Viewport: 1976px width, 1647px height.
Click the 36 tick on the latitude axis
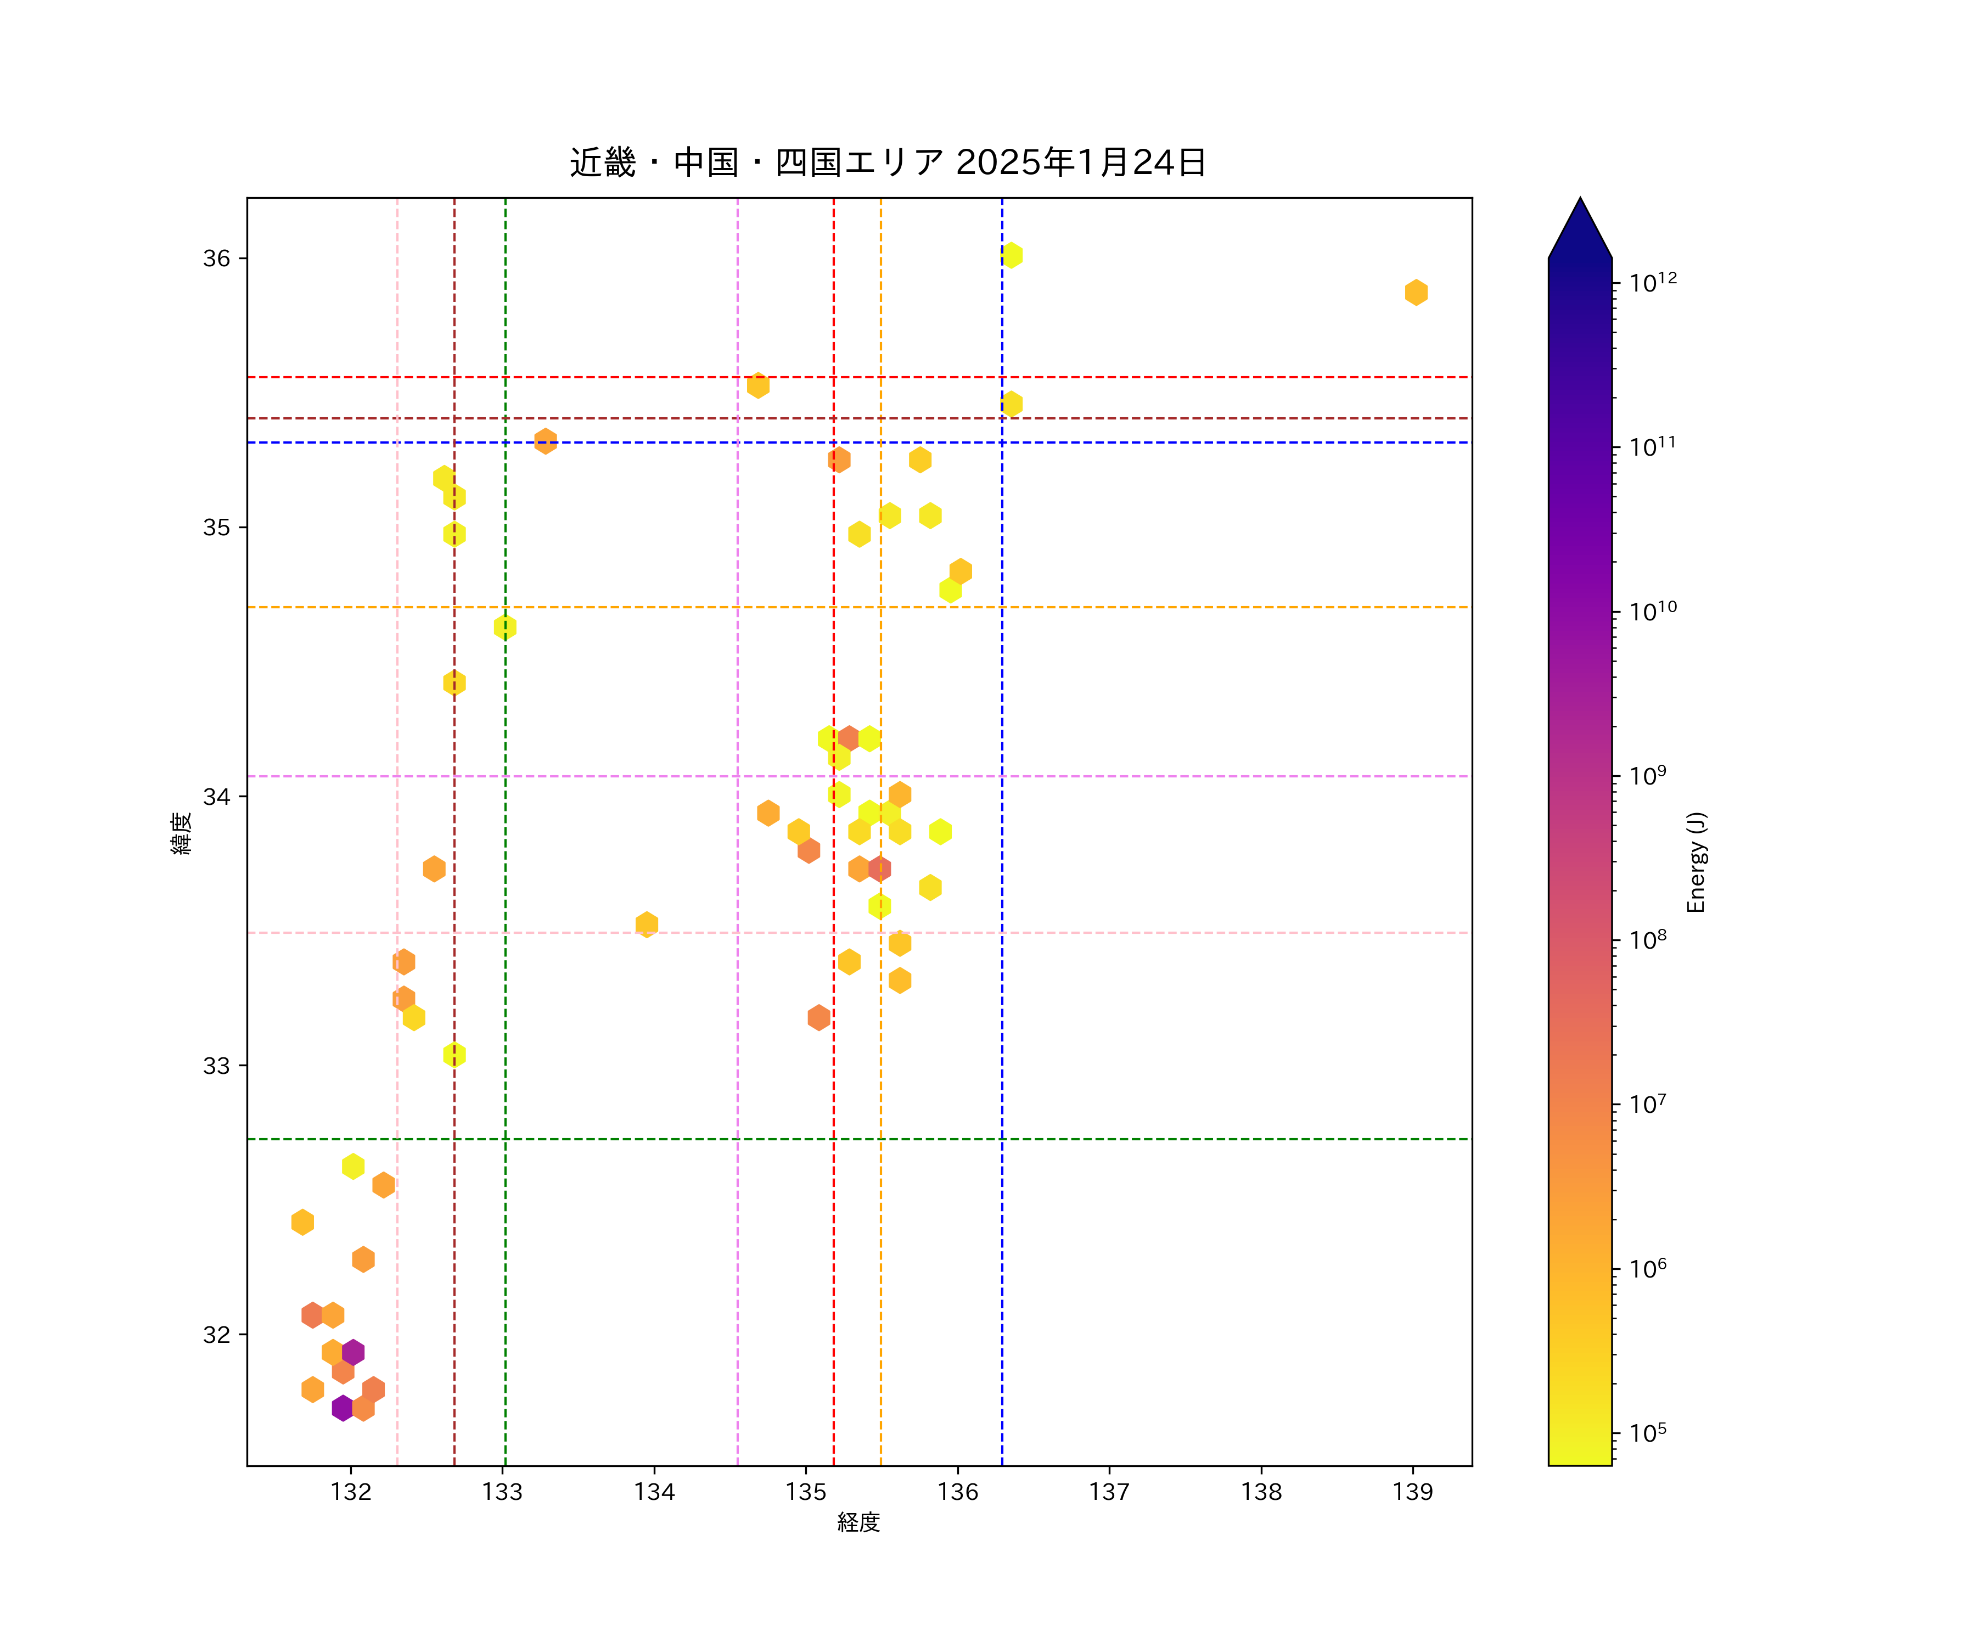click(216, 259)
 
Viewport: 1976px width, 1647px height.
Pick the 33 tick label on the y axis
click(216, 1066)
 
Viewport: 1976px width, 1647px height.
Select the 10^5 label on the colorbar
click(1648, 1432)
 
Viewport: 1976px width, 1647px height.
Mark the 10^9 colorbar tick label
click(1648, 776)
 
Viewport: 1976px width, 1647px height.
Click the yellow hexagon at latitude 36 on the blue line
click(1012, 255)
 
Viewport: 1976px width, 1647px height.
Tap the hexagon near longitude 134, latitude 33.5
click(647, 924)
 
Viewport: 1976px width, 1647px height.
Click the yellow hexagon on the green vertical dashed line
click(506, 627)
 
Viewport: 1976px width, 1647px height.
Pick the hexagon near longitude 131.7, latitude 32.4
click(302, 1222)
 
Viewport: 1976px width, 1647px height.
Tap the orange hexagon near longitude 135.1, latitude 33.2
click(818, 1017)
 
